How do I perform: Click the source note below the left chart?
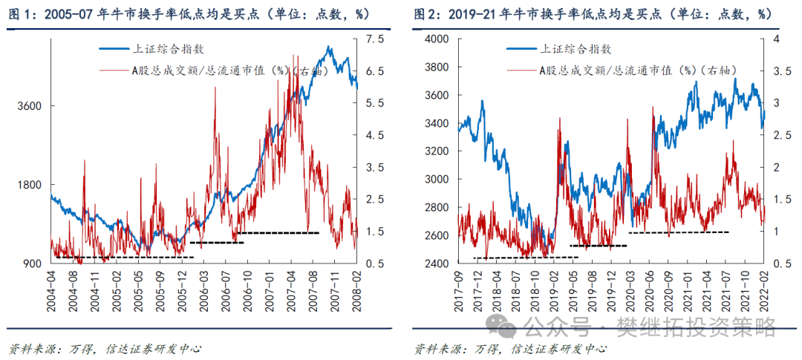pos(104,348)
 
